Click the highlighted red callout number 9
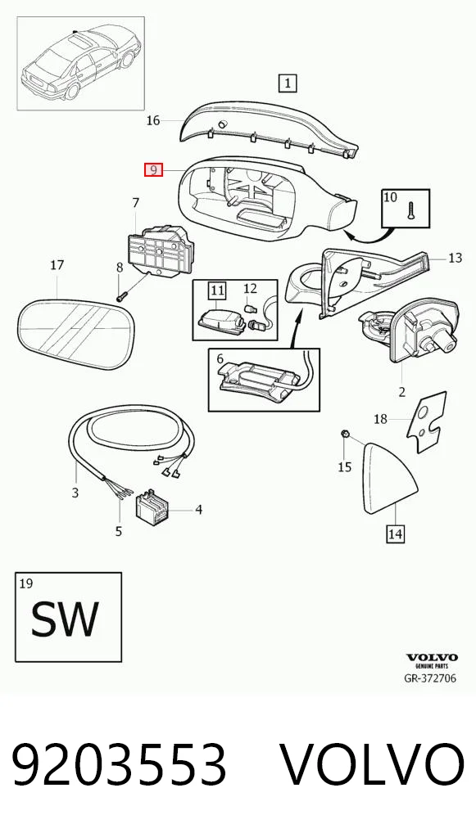(x=153, y=170)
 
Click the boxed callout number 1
(x=288, y=83)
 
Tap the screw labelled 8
(x=121, y=295)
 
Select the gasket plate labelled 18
(x=427, y=422)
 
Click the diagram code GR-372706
(x=430, y=678)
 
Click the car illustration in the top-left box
(x=81, y=63)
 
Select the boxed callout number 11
(x=217, y=290)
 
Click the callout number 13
(x=456, y=258)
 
